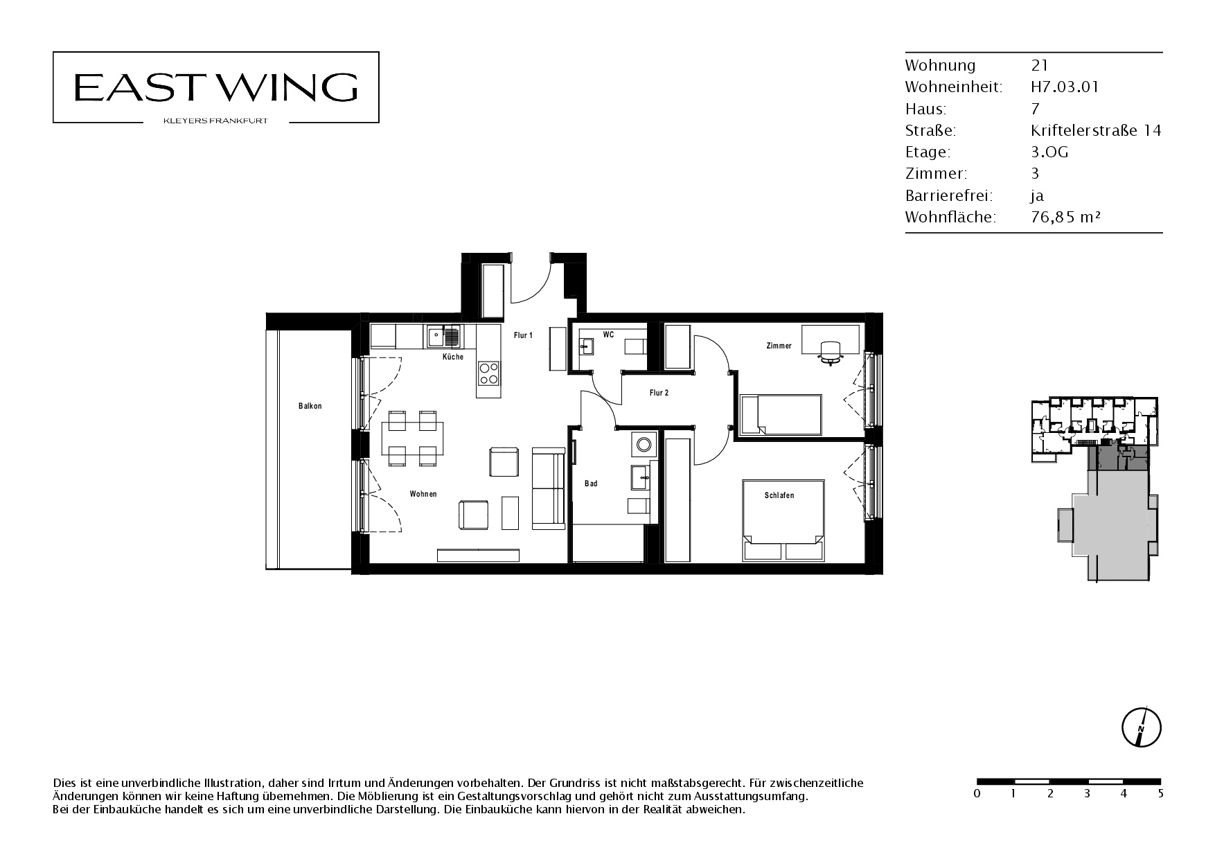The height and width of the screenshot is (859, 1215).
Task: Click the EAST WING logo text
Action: [215, 87]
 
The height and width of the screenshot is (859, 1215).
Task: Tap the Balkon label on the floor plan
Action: [310, 406]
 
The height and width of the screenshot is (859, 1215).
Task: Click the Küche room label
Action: [453, 357]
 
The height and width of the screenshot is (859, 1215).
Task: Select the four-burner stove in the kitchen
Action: [488, 373]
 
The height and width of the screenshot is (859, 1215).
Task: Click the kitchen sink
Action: [443, 337]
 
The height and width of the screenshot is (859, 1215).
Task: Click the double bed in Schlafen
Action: [783, 520]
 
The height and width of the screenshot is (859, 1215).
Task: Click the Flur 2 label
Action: [659, 393]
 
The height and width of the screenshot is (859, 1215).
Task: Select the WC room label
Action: [608, 335]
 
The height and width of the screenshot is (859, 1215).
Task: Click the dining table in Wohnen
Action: [412, 438]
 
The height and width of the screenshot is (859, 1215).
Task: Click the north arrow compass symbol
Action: [1141, 728]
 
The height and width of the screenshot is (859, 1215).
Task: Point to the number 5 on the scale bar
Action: [1160, 794]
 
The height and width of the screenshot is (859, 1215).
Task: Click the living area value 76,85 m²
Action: [1066, 217]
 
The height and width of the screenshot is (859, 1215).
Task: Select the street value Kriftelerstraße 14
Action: [1096, 130]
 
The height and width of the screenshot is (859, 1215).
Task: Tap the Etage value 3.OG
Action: [1049, 152]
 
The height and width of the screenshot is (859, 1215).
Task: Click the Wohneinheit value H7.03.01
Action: [1065, 87]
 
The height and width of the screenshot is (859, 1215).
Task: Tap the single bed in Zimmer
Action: [780, 416]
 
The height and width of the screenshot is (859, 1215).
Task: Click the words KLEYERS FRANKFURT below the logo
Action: [215, 121]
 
